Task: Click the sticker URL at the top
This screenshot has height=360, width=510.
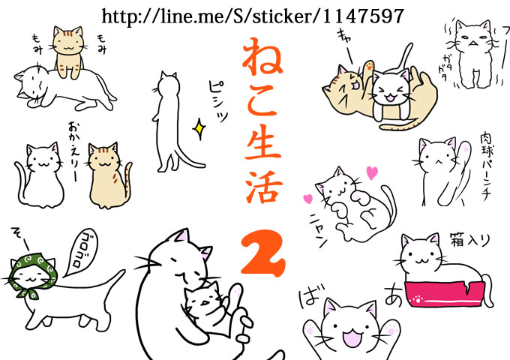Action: (253, 16)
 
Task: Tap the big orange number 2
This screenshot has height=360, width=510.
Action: (262, 253)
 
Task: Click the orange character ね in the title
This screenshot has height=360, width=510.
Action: (262, 56)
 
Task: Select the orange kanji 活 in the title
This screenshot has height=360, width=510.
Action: (263, 186)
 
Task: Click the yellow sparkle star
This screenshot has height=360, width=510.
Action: (199, 129)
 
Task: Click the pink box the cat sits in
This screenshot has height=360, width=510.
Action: (443, 294)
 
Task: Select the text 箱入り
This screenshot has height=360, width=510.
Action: (469, 240)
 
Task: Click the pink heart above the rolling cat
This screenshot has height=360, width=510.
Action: (372, 172)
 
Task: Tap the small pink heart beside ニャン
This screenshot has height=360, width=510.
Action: (307, 199)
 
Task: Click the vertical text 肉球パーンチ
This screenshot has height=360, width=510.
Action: (485, 166)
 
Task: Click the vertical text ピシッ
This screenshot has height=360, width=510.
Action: (217, 101)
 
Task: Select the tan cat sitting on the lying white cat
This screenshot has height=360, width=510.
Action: (68, 52)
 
